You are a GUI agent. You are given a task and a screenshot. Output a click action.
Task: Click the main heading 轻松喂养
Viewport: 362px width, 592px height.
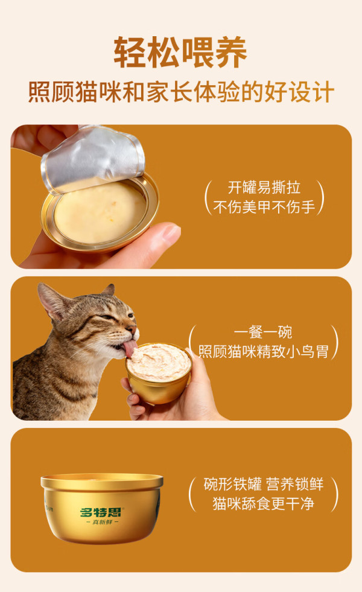pos(180,52)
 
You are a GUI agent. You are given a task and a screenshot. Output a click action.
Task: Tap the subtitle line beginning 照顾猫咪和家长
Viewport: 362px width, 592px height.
pos(181,92)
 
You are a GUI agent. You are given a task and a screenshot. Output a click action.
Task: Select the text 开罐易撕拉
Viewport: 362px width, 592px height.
pos(264,187)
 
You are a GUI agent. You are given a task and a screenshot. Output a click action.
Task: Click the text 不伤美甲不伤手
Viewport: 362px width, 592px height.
pos(264,207)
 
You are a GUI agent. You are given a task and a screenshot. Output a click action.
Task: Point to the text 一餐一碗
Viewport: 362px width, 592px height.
pos(263,333)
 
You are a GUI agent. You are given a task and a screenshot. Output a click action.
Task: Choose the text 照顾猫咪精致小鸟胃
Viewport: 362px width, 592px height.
pos(264,351)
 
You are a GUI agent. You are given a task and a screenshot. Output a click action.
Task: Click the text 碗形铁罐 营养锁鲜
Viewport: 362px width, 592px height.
pos(264,484)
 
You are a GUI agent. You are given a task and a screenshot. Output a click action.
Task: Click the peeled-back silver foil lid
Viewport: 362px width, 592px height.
pos(93,159)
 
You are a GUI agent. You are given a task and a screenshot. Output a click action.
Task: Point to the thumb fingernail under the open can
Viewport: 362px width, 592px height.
pos(171,231)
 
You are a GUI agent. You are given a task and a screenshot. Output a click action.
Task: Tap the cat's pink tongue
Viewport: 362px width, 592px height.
pos(130,348)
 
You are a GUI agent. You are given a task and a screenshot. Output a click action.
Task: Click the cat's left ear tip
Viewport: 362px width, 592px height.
pos(40,286)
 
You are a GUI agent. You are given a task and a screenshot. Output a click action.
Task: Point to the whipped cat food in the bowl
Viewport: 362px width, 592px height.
pos(159,361)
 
